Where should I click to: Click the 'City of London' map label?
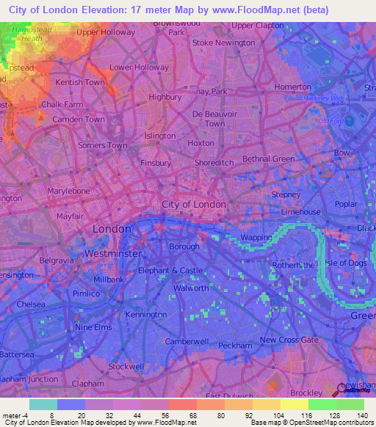coord(194,204)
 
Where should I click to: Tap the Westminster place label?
coord(113,253)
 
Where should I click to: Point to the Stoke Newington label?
coord(223,43)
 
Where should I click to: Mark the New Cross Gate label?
coord(289,340)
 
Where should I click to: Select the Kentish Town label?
coord(80,82)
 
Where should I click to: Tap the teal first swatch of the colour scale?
coord(43,404)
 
